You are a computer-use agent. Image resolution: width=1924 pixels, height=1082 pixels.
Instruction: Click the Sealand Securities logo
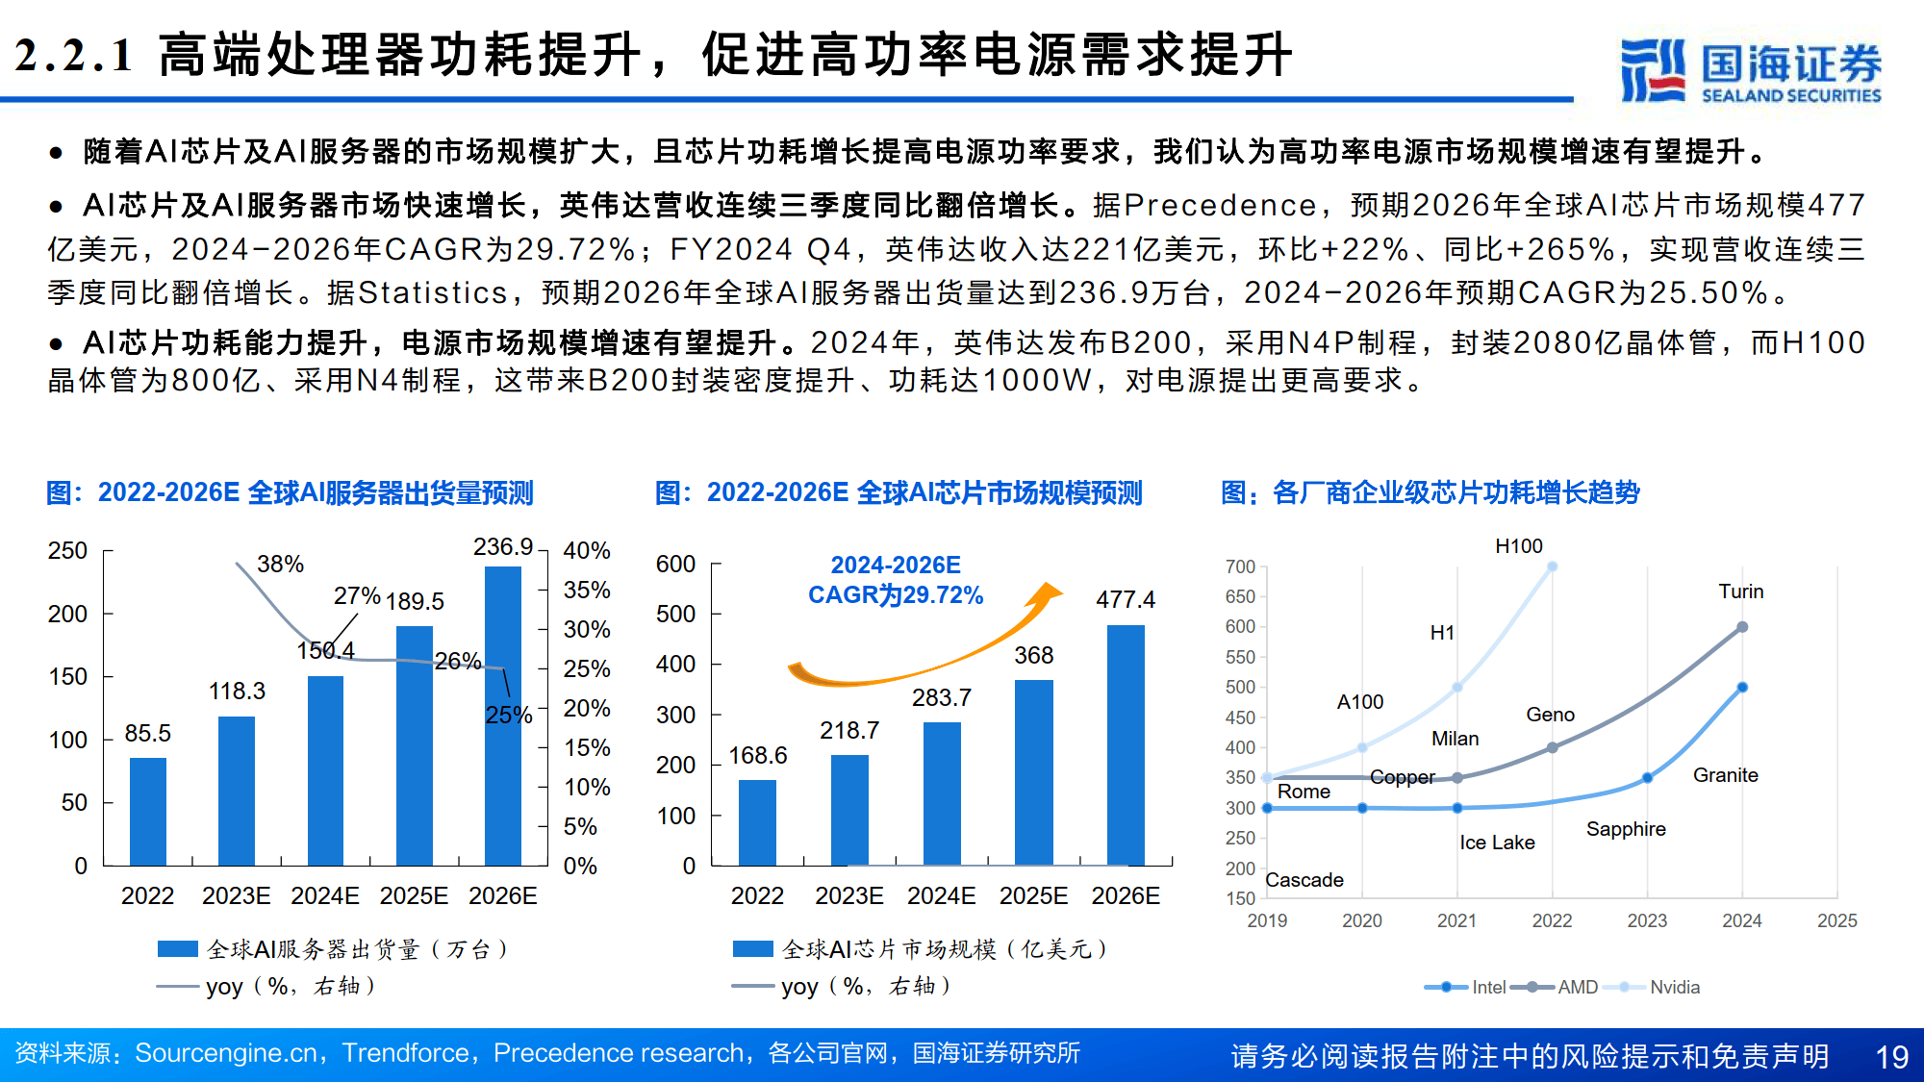coord(1750,70)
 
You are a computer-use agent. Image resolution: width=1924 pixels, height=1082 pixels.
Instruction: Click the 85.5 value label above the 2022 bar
coord(147,733)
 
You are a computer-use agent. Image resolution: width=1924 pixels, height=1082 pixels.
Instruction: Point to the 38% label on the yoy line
coord(280,564)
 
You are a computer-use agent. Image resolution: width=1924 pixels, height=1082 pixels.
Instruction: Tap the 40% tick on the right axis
coord(586,551)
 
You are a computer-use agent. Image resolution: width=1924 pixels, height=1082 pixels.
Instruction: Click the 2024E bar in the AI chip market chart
coord(941,793)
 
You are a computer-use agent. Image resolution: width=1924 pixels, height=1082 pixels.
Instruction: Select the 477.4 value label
coord(1125,600)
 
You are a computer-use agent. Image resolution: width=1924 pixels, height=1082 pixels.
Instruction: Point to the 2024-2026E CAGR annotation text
coord(895,580)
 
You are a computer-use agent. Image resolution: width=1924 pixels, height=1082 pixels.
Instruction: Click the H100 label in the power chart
coord(1518,546)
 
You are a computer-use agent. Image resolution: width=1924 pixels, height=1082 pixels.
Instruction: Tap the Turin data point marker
coord(1741,627)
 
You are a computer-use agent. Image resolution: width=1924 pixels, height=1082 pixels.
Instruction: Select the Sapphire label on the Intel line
coord(1625,829)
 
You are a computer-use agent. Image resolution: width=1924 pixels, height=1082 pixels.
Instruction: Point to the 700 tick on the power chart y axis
coord(1240,566)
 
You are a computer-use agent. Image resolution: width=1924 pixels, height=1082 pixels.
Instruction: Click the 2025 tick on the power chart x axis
coord(1835,920)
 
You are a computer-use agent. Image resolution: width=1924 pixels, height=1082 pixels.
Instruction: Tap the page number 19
coord(1891,1057)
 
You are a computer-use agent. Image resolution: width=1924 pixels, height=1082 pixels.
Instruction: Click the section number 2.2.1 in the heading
coord(74,55)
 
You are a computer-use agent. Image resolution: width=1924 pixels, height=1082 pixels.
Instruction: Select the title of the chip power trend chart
coord(1430,492)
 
